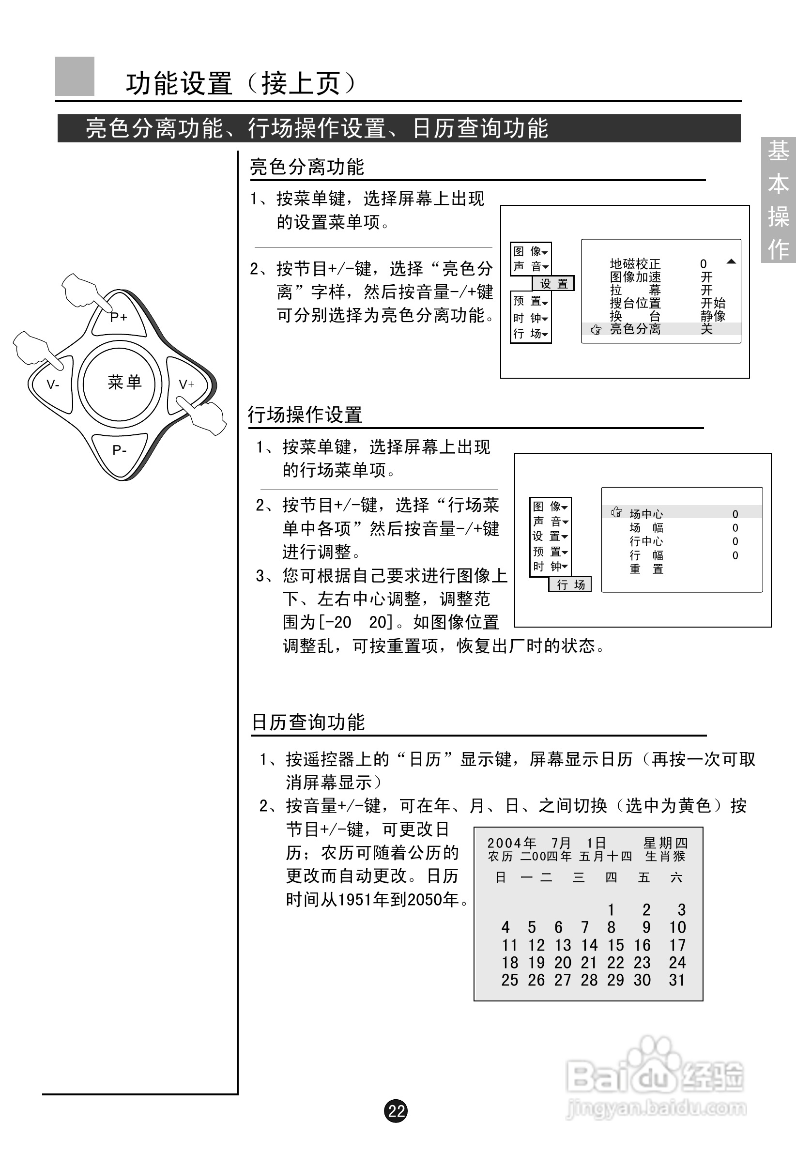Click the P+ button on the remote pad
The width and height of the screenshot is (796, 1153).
pyautogui.click(x=119, y=317)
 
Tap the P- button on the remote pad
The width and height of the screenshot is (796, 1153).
pyautogui.click(x=119, y=450)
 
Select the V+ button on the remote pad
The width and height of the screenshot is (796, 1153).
pyautogui.click(x=186, y=384)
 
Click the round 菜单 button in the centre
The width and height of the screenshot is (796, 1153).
pyautogui.click(x=124, y=383)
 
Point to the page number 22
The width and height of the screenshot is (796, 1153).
pyautogui.click(x=396, y=1110)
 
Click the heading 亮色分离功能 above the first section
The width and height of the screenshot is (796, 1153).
pyautogui.click(x=306, y=167)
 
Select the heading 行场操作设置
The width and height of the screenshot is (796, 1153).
pyautogui.click(x=305, y=415)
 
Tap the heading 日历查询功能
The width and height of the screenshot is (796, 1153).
pyautogui.click(x=308, y=722)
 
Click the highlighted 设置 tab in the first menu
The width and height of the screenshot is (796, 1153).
pyautogui.click(x=553, y=284)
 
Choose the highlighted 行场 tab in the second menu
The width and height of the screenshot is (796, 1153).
pyautogui.click(x=570, y=584)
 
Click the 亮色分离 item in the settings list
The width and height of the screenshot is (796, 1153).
pyautogui.click(x=635, y=329)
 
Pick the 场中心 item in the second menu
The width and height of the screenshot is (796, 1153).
pyautogui.click(x=646, y=514)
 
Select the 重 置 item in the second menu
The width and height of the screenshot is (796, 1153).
pyautogui.click(x=646, y=569)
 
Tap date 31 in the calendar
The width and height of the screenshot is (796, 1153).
pyautogui.click(x=677, y=980)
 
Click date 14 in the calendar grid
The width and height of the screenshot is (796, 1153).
pyautogui.click(x=589, y=945)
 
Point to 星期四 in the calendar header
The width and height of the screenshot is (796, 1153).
pyautogui.click(x=665, y=843)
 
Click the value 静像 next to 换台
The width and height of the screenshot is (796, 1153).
pyautogui.click(x=713, y=316)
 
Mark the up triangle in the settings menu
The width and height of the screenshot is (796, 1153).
pyautogui.click(x=731, y=261)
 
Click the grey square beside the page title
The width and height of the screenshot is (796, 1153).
pyautogui.click(x=75, y=77)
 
